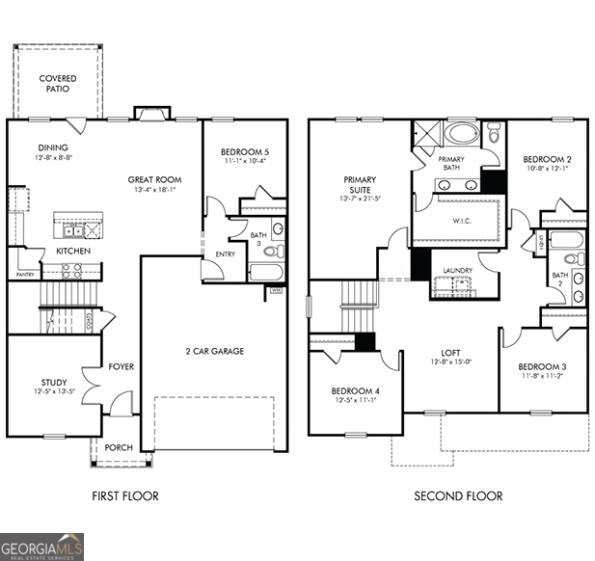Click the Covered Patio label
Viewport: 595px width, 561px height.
coord(58,84)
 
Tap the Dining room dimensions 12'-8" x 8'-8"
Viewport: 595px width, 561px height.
coord(53,157)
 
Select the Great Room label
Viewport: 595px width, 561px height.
coord(155,179)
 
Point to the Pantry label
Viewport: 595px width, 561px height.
coord(25,275)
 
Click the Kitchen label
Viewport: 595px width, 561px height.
coord(73,251)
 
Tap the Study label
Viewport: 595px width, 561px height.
coord(53,383)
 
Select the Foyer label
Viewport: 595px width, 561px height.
coord(122,366)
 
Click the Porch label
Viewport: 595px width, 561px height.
coord(119,447)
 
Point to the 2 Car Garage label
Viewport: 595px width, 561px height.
coord(214,351)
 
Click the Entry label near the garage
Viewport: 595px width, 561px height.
coord(225,254)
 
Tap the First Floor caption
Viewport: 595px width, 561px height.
coord(124,496)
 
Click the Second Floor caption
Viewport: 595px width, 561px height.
coord(458,496)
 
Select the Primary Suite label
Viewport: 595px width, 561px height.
coord(360,184)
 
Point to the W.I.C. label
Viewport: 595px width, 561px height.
coord(461,219)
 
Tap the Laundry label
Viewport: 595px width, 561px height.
coord(456,270)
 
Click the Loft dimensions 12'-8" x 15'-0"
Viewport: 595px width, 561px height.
coord(450,362)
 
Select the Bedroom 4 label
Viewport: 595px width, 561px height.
coord(354,390)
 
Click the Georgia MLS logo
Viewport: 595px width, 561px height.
coord(42,547)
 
